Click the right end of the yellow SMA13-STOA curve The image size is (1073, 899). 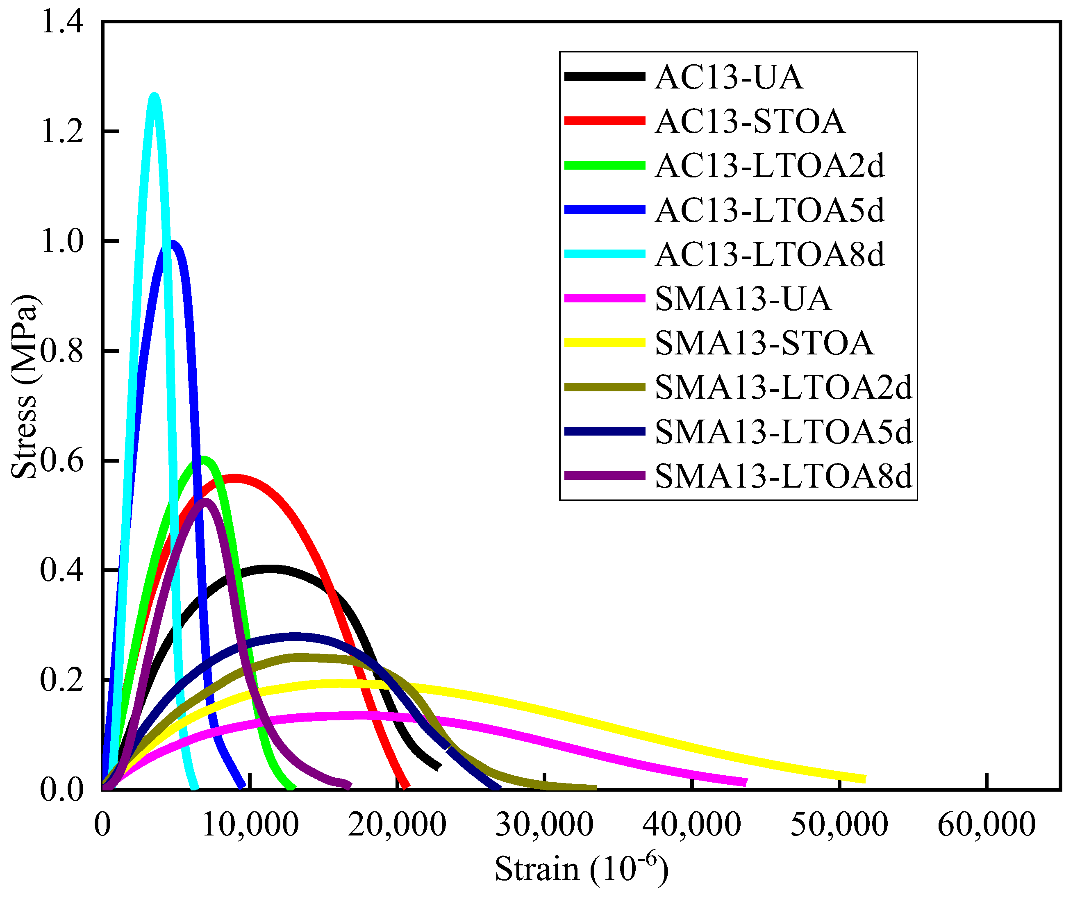click(x=864, y=779)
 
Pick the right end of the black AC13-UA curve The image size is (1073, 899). click(x=439, y=767)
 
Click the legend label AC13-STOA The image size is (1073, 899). click(x=750, y=122)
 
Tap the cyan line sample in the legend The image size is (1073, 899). click(x=605, y=254)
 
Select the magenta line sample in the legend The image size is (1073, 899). click(x=605, y=298)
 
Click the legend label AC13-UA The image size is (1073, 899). click(x=729, y=77)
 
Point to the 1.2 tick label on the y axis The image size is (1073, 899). click(x=62, y=132)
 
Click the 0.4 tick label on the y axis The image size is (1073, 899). click(x=62, y=570)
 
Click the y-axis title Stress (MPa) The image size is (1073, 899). click(x=25, y=387)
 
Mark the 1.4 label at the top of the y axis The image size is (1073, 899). click(x=62, y=23)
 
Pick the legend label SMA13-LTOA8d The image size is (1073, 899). click(x=783, y=476)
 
